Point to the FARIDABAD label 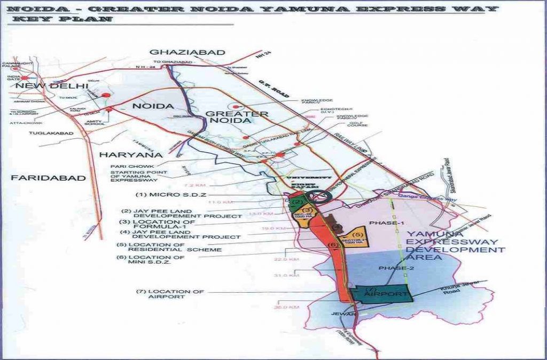pos(48,178)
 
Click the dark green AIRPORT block pos(381,295)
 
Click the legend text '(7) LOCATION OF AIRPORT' pos(170,294)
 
